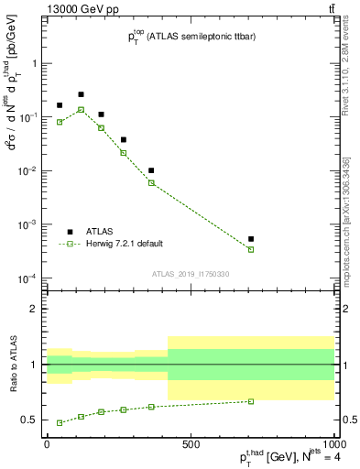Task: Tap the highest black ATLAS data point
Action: click(81, 94)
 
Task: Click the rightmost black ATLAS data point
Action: click(250, 239)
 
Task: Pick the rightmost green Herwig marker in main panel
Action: click(250, 249)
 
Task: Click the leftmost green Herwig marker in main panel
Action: click(60, 122)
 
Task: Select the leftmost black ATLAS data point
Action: click(60, 105)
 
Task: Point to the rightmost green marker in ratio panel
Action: click(250, 401)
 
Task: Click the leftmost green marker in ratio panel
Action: click(60, 422)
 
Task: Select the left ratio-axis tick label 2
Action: click(34, 309)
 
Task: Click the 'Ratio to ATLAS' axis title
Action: click(12, 365)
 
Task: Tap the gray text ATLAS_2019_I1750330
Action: click(191, 274)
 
